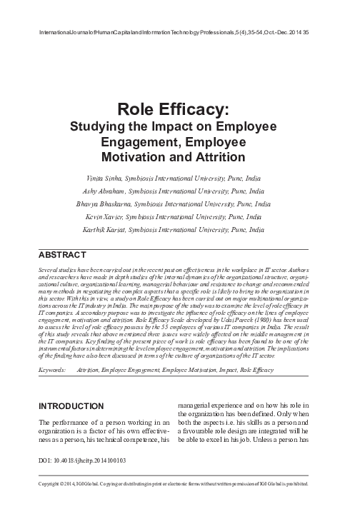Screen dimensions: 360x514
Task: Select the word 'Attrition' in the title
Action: (214, 156)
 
